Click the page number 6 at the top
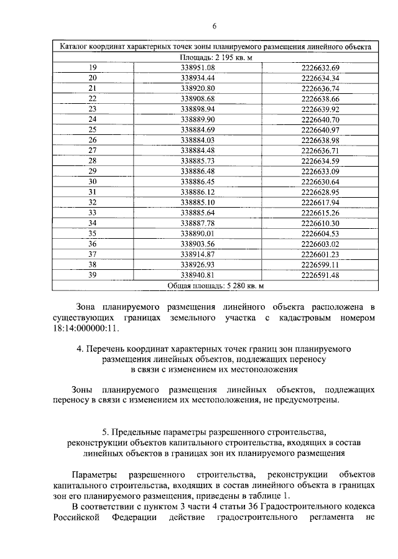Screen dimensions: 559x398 point(213,25)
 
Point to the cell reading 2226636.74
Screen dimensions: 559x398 point(320,88)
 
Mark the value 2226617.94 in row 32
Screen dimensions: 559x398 point(320,202)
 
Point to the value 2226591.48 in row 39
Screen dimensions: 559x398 point(320,275)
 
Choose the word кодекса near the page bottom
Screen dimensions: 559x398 point(356,509)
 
